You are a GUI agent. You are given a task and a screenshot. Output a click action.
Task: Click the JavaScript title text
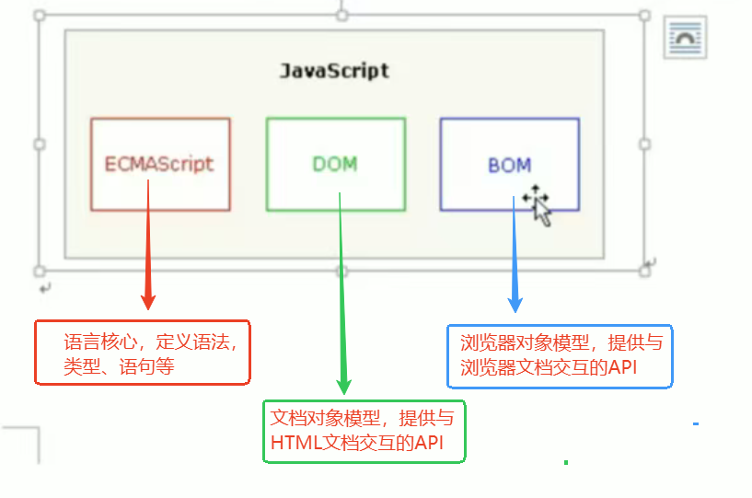point(334,71)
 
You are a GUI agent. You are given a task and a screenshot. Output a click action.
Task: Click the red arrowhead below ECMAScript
point(147,301)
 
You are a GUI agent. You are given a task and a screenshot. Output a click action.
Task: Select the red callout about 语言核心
point(143,353)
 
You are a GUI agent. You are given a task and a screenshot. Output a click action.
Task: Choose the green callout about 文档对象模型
point(364,431)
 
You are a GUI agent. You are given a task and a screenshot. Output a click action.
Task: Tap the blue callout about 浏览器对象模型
point(560,355)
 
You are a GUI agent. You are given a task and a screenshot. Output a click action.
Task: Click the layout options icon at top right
point(686,39)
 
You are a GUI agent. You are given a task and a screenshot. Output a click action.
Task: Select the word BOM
point(509,166)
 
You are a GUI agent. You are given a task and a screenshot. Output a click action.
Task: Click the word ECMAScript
point(159,165)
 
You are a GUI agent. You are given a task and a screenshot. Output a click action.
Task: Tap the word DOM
point(334,165)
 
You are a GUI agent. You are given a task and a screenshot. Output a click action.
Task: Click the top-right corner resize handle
point(644,17)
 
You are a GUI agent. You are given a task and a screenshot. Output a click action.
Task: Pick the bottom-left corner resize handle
point(40,272)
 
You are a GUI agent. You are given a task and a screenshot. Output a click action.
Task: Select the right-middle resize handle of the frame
point(644,145)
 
